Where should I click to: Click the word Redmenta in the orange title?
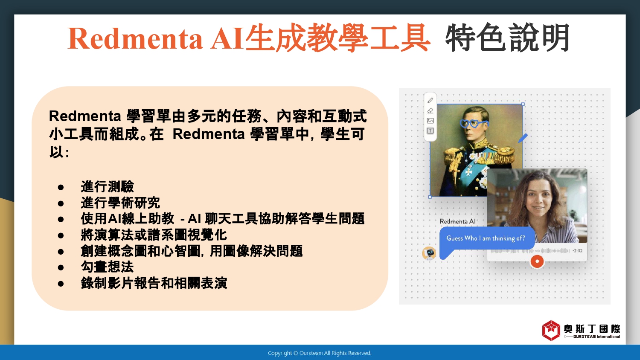(x=135, y=38)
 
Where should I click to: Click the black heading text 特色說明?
(x=508, y=38)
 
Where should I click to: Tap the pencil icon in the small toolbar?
(x=430, y=100)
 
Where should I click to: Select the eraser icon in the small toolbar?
(x=430, y=110)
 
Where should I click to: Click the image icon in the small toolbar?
(x=430, y=121)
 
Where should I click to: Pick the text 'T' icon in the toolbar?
(x=430, y=131)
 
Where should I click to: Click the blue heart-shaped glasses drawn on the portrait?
(x=473, y=123)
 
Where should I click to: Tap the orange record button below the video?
(x=537, y=261)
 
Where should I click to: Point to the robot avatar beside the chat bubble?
(x=429, y=253)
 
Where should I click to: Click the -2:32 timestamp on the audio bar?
(x=577, y=250)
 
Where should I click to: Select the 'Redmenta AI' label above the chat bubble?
(x=457, y=221)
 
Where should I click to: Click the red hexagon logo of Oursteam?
(x=551, y=331)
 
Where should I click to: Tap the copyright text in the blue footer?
(x=320, y=353)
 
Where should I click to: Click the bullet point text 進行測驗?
(x=108, y=187)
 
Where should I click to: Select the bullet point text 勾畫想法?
(x=108, y=267)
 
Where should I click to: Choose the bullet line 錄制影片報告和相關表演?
(x=154, y=283)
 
